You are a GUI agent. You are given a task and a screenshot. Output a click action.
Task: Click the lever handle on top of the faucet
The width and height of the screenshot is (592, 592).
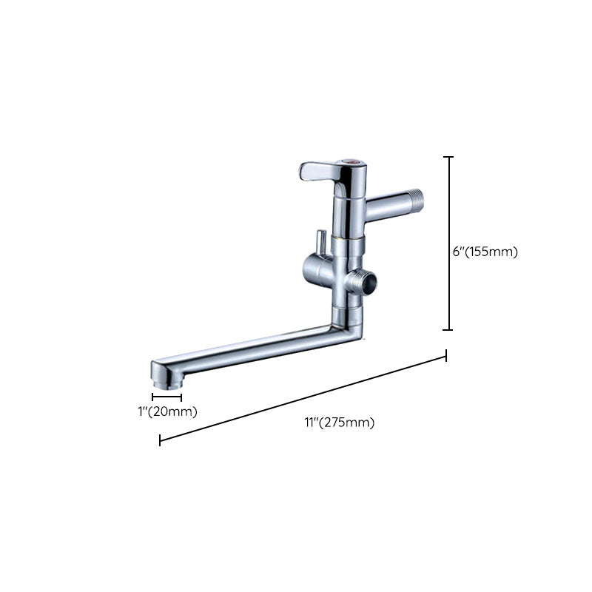320,172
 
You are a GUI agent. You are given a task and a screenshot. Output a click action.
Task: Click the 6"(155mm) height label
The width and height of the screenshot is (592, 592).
485,252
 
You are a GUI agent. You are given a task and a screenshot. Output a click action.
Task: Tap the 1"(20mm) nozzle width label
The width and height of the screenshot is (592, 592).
167,411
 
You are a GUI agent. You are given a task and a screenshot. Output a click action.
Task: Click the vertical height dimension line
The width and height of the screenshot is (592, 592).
448,244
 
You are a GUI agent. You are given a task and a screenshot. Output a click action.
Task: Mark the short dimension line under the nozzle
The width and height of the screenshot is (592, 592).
166,397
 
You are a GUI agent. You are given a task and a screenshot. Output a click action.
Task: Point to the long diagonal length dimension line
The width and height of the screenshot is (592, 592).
303,400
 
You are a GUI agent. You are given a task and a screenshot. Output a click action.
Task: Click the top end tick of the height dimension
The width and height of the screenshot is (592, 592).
448,157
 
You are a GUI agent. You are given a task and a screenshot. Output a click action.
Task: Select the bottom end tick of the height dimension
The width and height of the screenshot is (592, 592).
448,330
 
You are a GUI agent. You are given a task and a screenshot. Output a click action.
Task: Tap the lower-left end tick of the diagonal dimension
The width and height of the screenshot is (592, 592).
160,441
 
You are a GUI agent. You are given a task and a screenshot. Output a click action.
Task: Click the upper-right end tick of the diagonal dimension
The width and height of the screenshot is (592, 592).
446,357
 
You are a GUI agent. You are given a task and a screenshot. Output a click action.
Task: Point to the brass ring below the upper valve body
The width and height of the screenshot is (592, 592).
348,238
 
